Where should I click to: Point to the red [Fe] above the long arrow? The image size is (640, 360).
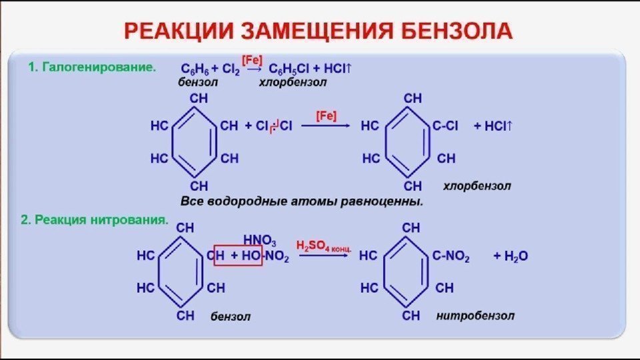coord(326,115)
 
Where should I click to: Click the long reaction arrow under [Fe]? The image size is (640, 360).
coord(326,127)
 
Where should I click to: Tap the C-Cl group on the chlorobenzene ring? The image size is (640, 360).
coord(445,125)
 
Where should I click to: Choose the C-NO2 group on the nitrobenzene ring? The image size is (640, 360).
coord(451,256)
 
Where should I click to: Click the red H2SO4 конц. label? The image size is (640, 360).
coord(324,245)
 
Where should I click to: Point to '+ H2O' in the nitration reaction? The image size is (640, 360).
coord(511,256)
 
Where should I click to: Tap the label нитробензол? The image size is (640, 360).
coord(475,315)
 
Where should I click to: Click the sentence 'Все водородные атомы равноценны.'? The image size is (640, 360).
coord(302,201)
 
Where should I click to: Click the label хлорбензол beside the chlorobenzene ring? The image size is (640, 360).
coord(477,186)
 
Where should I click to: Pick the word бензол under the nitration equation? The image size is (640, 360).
coord(231,316)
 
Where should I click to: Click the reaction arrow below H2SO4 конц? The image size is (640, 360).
coord(323,256)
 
